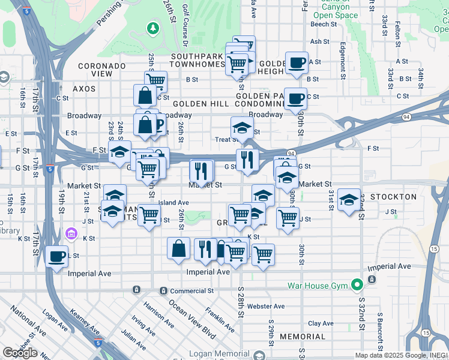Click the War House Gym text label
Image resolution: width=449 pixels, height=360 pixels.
click(318, 285)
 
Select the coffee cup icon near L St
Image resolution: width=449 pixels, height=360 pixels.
click(57, 257)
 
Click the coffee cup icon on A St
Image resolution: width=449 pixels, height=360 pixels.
click(296, 62)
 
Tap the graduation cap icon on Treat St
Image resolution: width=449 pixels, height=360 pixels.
click(242, 128)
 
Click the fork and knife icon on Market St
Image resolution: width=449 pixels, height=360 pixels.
click(202, 171)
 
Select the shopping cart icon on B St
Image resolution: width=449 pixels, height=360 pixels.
click(155, 81)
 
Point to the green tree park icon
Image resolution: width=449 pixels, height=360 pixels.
click(153, 28)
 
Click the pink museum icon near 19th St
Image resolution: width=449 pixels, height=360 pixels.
click(71, 233)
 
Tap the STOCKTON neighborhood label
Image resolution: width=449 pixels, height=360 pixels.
click(393, 197)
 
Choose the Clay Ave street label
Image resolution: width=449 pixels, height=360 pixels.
click(321, 323)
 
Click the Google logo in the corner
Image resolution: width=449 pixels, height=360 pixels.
click(20, 353)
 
